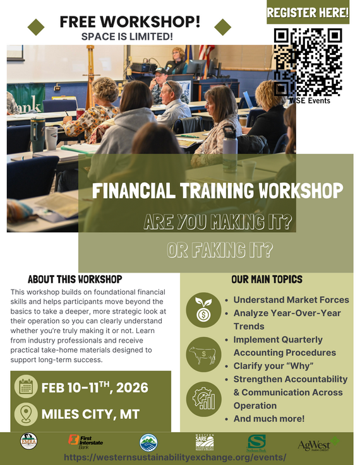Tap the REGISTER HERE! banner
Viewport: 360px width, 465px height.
(308, 12)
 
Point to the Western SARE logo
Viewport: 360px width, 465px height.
(205, 442)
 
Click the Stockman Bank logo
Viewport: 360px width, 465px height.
(256, 442)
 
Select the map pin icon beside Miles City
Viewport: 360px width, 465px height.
(25, 415)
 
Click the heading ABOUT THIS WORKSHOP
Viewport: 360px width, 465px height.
(75, 279)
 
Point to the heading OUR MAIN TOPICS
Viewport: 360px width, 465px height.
(267, 279)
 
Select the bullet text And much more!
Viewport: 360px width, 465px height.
(268, 418)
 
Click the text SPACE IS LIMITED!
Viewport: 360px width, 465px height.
(127, 37)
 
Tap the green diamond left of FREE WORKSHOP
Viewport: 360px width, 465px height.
(37, 26)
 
